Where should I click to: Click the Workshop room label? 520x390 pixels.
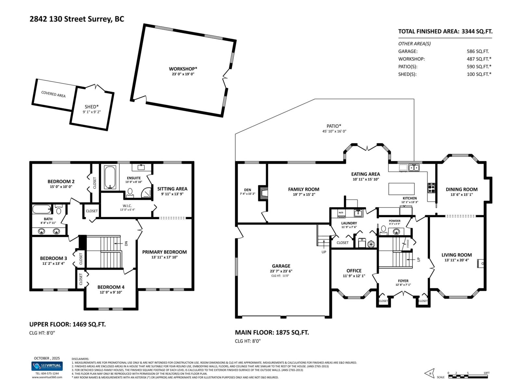click(x=183, y=69)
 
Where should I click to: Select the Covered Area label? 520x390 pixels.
click(x=53, y=94)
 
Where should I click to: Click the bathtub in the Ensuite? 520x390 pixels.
click(x=110, y=177)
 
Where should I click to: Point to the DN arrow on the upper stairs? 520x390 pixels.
click(x=126, y=243)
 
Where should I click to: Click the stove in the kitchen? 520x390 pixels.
click(x=431, y=188)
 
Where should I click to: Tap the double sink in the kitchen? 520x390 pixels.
click(x=414, y=168)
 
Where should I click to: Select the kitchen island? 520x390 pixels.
click(x=402, y=189)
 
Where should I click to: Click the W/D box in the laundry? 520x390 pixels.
click(x=341, y=213)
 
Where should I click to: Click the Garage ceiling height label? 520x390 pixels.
click(x=280, y=276)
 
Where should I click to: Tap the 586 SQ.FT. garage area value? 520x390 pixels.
click(x=478, y=51)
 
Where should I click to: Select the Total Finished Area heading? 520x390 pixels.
click(x=445, y=32)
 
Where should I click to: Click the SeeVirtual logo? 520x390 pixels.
click(x=47, y=366)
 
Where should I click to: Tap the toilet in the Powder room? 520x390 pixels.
click(x=383, y=230)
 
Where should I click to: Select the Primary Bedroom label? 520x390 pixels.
click(x=164, y=252)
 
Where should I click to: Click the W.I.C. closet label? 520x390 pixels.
click(x=127, y=206)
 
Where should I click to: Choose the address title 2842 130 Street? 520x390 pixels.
click(x=77, y=19)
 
